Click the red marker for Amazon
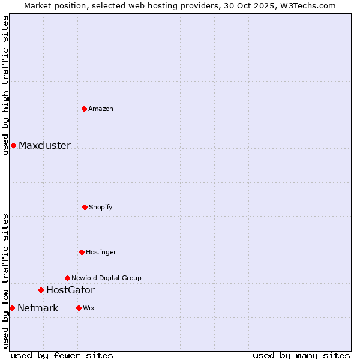pyautogui.click(x=84, y=109)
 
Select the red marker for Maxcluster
pyautogui.click(x=13, y=145)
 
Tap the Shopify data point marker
pyautogui.click(x=85, y=207)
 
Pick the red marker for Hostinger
pyautogui.click(x=82, y=252)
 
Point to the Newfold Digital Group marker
pyautogui.click(x=67, y=278)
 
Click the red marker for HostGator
pyautogui.click(x=41, y=290)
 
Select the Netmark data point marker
pyautogui.click(x=12, y=308)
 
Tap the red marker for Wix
pyautogui.click(x=79, y=308)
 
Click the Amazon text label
pyautogui.click(x=101, y=109)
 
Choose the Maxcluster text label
pyautogui.click(x=44, y=145)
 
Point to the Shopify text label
pyautogui.click(x=101, y=207)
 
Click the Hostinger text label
pyautogui.click(x=101, y=252)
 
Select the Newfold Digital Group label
pyautogui.click(x=106, y=278)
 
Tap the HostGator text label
pyautogui.click(x=70, y=290)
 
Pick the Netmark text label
pyautogui.click(x=38, y=308)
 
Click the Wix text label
pyautogui.click(x=89, y=308)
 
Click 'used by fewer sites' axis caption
pyautogui.click(x=61, y=355)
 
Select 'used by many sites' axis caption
pyautogui.click(x=301, y=355)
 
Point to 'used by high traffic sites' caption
pyautogui.click(x=5, y=85)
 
